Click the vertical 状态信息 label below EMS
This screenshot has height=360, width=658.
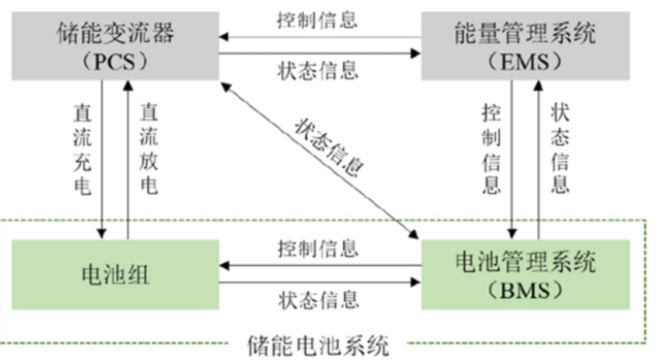tap(561, 148)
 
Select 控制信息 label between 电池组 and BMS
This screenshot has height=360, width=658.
tap(319, 248)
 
